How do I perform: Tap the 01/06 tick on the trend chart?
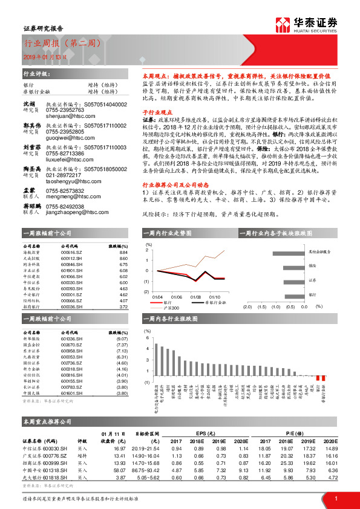(176, 297)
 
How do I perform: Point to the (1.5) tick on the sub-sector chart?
(261, 307)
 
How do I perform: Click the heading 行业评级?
(34, 74)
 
